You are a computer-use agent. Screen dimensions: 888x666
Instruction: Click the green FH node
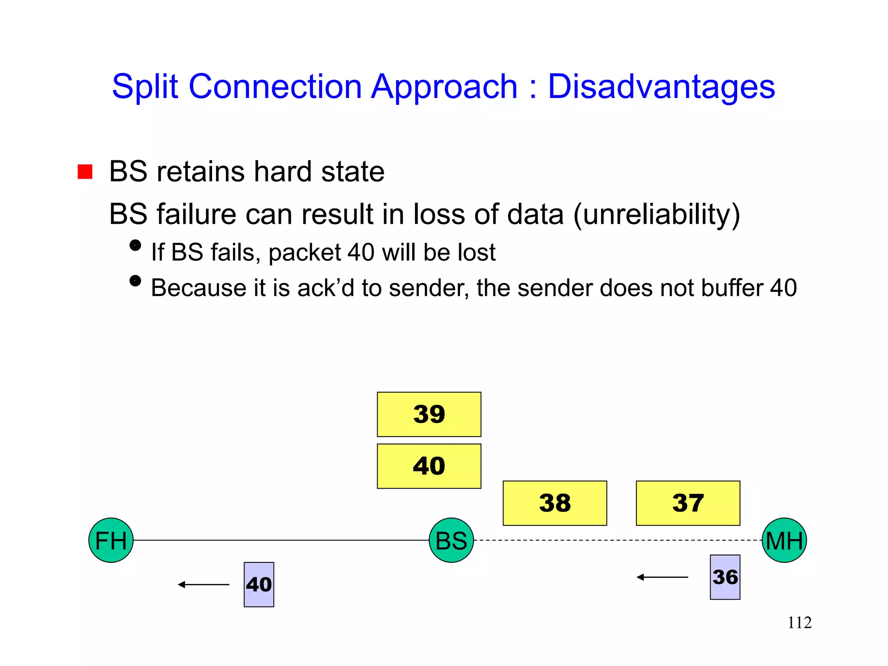pos(111,540)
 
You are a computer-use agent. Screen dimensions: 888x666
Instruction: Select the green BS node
pos(451,540)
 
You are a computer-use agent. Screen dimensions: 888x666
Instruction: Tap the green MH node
pos(784,540)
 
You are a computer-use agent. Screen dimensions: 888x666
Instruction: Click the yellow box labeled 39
pos(429,414)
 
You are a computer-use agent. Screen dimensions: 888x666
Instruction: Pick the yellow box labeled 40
pos(429,466)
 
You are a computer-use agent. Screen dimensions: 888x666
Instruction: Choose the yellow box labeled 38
pos(555,503)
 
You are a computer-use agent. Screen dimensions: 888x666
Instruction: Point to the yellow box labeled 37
pos(688,503)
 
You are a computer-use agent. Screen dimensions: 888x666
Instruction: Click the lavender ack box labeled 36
pos(725,577)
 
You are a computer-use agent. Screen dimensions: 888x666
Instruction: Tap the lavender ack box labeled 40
pos(259,584)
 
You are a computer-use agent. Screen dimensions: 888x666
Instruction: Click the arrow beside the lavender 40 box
pos(203,584)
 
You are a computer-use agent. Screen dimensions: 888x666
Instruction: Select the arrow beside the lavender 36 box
pos(662,577)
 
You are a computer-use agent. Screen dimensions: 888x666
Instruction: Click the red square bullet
pos(85,172)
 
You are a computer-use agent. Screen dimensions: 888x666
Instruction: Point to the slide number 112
pos(799,623)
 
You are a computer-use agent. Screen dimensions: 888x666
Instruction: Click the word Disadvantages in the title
pos(661,87)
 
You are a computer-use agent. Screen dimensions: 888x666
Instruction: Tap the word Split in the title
pos(145,87)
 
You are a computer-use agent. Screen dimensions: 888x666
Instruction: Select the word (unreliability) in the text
pos(656,214)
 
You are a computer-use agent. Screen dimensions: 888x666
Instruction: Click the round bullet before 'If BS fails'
pos(135,245)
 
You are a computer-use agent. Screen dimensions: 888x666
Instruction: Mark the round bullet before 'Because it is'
pos(135,281)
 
